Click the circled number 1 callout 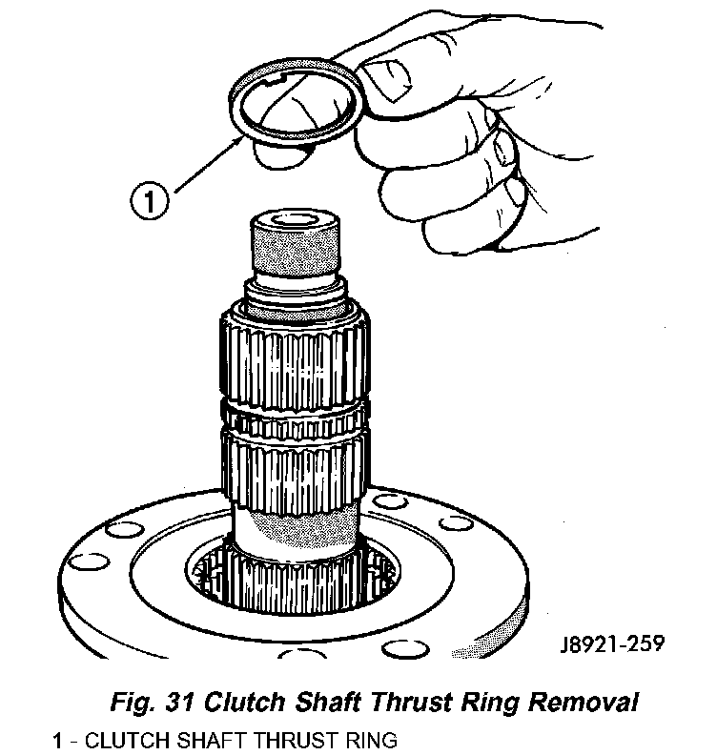(150, 201)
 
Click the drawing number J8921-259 (612, 643)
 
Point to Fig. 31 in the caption (153, 703)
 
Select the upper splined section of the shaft (296, 358)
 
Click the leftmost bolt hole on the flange (89, 561)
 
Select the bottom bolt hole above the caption (405, 648)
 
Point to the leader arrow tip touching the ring (242, 136)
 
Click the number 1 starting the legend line (57, 741)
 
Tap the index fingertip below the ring (278, 155)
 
